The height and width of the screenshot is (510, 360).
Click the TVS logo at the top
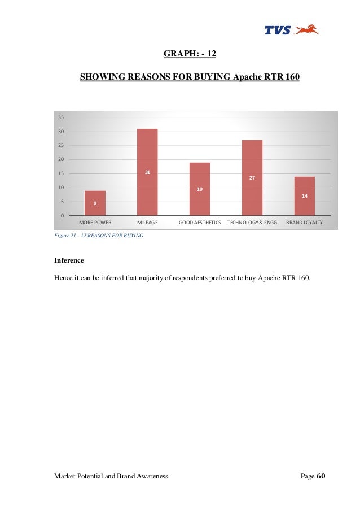[291, 29]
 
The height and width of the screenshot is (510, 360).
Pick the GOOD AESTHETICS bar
[200, 189]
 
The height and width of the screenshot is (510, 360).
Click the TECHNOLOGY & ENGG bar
[252, 178]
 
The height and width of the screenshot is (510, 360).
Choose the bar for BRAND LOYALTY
[304, 196]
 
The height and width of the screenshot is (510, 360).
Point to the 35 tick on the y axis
[60, 117]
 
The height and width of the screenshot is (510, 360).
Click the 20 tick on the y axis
[60, 159]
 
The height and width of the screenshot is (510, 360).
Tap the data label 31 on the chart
[147, 172]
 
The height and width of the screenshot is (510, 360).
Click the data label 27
[252, 178]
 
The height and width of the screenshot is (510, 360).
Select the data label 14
[304, 195]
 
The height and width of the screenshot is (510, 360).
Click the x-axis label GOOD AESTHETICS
[200, 223]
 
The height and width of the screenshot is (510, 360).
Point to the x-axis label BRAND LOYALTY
[304, 223]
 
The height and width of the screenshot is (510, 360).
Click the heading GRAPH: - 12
[190, 54]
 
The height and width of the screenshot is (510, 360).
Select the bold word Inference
[69, 260]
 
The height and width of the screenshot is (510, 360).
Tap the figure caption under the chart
[98, 235]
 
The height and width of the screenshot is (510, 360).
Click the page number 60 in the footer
[321, 476]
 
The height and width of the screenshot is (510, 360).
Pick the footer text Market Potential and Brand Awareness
[111, 476]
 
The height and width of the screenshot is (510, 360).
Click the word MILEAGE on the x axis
[147, 223]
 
